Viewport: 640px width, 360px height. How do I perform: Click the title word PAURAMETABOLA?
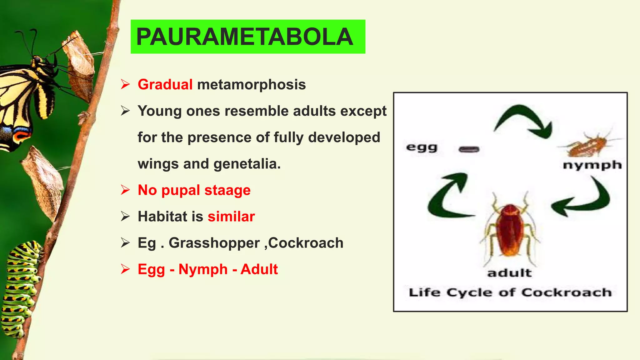[245, 37]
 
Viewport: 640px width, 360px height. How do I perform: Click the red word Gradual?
[165, 85]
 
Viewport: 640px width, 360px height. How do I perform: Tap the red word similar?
[231, 217]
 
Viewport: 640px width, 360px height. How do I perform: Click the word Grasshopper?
[214, 243]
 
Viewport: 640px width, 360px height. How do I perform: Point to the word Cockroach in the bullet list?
[306, 243]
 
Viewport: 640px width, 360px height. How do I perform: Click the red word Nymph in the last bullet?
[203, 269]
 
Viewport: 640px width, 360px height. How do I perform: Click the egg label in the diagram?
[422, 147]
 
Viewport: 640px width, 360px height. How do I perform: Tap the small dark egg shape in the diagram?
[469, 149]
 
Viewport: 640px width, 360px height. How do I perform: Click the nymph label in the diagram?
[592, 165]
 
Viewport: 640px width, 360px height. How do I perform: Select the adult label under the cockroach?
[509, 273]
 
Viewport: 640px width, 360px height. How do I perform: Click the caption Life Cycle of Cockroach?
[510, 292]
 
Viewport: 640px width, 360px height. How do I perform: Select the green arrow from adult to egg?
[447, 197]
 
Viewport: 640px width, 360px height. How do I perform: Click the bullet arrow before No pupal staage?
[125, 190]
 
